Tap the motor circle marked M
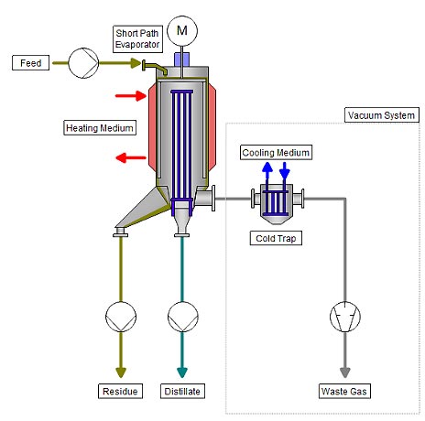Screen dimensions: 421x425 tap(181, 31)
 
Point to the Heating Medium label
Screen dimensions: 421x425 tap(100, 127)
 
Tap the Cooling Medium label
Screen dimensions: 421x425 tap(276, 151)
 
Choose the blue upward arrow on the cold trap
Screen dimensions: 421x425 tap(267, 170)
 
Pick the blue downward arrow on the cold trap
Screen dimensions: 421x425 tap(285, 170)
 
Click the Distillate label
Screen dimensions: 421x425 tap(181, 392)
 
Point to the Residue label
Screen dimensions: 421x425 tap(120, 392)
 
